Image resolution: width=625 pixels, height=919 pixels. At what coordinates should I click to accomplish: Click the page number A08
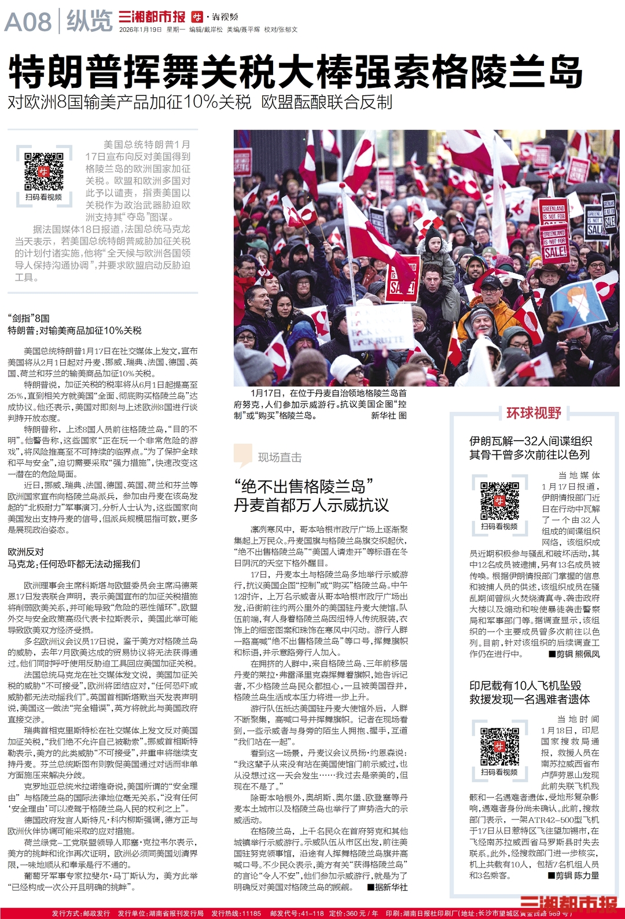28,22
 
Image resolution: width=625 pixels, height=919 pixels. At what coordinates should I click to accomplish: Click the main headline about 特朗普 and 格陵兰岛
295,71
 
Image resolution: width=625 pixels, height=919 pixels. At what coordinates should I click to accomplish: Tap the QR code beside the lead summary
44,171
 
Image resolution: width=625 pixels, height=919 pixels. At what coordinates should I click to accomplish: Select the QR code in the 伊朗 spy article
499,500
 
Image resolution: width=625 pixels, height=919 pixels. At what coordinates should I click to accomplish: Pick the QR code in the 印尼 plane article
499,746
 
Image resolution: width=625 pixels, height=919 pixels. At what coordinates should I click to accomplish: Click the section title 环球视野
534,413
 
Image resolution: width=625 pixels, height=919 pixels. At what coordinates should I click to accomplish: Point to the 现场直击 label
280,457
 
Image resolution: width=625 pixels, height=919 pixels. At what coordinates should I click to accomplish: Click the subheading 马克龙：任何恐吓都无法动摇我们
73,564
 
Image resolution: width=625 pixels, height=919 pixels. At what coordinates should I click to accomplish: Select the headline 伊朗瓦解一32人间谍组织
530,441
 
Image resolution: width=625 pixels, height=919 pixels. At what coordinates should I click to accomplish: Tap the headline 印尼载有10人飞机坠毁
525,686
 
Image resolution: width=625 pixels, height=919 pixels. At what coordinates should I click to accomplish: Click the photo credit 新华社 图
389,415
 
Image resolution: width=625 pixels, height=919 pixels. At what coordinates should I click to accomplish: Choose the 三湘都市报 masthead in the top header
152,17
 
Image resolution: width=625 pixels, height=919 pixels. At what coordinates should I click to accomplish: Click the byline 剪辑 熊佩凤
574,654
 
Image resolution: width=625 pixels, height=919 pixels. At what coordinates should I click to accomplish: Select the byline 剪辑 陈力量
573,876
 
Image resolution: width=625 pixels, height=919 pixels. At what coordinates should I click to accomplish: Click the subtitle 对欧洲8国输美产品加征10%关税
130,102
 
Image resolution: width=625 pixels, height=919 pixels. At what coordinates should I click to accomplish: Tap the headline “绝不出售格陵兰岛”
303,486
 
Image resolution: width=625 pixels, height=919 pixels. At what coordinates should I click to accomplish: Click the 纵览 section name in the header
89,21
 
